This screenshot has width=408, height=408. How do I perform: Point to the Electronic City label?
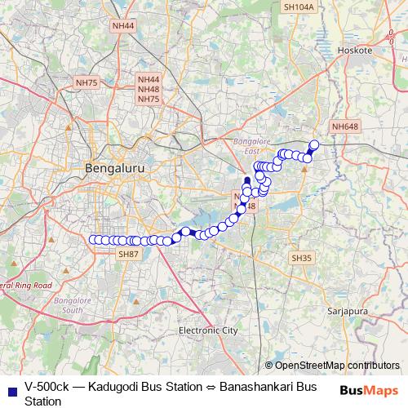pos(207,330)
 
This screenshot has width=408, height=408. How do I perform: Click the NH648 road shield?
pos(345,126)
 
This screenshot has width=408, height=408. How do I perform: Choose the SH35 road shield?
pos(302,258)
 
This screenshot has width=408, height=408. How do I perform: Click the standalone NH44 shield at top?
pos(123,26)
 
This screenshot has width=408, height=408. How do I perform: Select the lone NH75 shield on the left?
pos(86,82)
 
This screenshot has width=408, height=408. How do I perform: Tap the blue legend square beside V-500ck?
pos(11,388)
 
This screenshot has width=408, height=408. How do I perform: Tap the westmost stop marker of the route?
pos(93,240)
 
